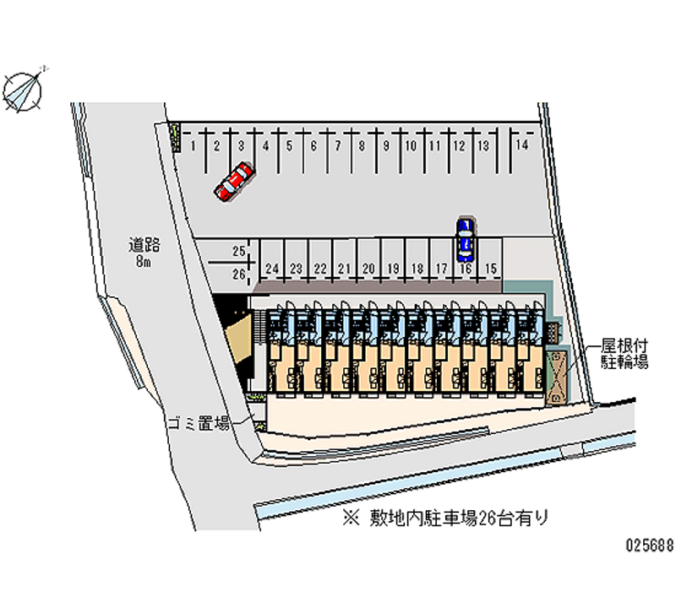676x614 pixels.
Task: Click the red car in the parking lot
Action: click(x=234, y=182)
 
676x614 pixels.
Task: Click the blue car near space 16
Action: click(x=465, y=238)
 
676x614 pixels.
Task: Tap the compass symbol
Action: click(x=24, y=88)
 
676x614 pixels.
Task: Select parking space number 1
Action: click(x=194, y=145)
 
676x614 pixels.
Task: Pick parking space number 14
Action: click(x=524, y=145)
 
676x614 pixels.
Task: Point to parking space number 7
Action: click(x=337, y=145)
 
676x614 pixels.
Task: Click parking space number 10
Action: click(x=410, y=145)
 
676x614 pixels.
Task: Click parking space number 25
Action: click(x=238, y=251)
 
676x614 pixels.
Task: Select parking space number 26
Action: click(x=238, y=274)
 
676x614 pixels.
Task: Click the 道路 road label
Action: click(x=144, y=246)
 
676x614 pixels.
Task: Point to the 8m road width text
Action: click(x=144, y=262)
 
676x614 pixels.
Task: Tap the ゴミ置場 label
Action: click(x=197, y=424)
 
